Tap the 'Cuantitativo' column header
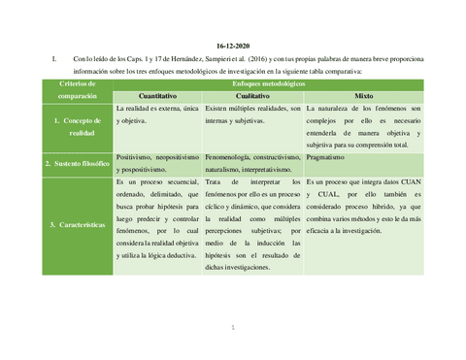coord(157,97)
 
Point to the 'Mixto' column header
coord(363,97)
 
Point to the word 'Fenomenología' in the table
coord(232,155)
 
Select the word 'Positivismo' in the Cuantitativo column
coord(136,155)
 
